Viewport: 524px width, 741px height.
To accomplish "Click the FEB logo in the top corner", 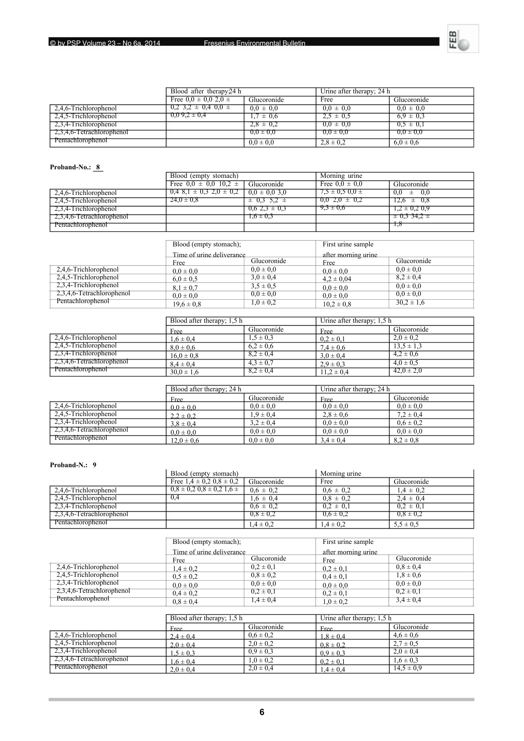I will [463, 39].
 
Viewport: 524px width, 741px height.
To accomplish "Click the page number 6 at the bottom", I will [262, 712].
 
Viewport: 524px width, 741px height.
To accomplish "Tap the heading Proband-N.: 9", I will [73, 465].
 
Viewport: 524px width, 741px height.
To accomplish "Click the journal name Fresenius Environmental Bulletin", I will [255, 43].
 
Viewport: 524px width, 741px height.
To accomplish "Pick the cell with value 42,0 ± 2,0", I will [407, 370].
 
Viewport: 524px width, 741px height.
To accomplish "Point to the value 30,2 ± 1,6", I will [410, 302].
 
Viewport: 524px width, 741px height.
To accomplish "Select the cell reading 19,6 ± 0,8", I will [186, 304].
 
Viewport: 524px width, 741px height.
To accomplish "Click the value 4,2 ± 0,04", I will [336, 279].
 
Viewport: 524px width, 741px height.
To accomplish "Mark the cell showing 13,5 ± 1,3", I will [407, 346].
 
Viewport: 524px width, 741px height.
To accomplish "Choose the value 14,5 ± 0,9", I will [407, 668].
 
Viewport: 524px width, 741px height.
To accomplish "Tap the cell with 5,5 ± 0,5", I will [406, 524].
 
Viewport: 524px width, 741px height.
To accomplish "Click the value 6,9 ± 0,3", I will [411, 116].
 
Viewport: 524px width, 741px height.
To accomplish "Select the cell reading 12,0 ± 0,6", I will [185, 440].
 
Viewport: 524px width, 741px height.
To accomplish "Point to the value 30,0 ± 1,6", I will [184, 372].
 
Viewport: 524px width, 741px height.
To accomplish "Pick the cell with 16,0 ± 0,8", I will [184, 356].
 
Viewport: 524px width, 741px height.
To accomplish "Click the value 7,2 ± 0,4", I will [409, 415].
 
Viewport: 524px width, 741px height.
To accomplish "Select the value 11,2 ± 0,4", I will [334, 372].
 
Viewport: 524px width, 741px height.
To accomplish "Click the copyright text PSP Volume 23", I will [105, 43].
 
